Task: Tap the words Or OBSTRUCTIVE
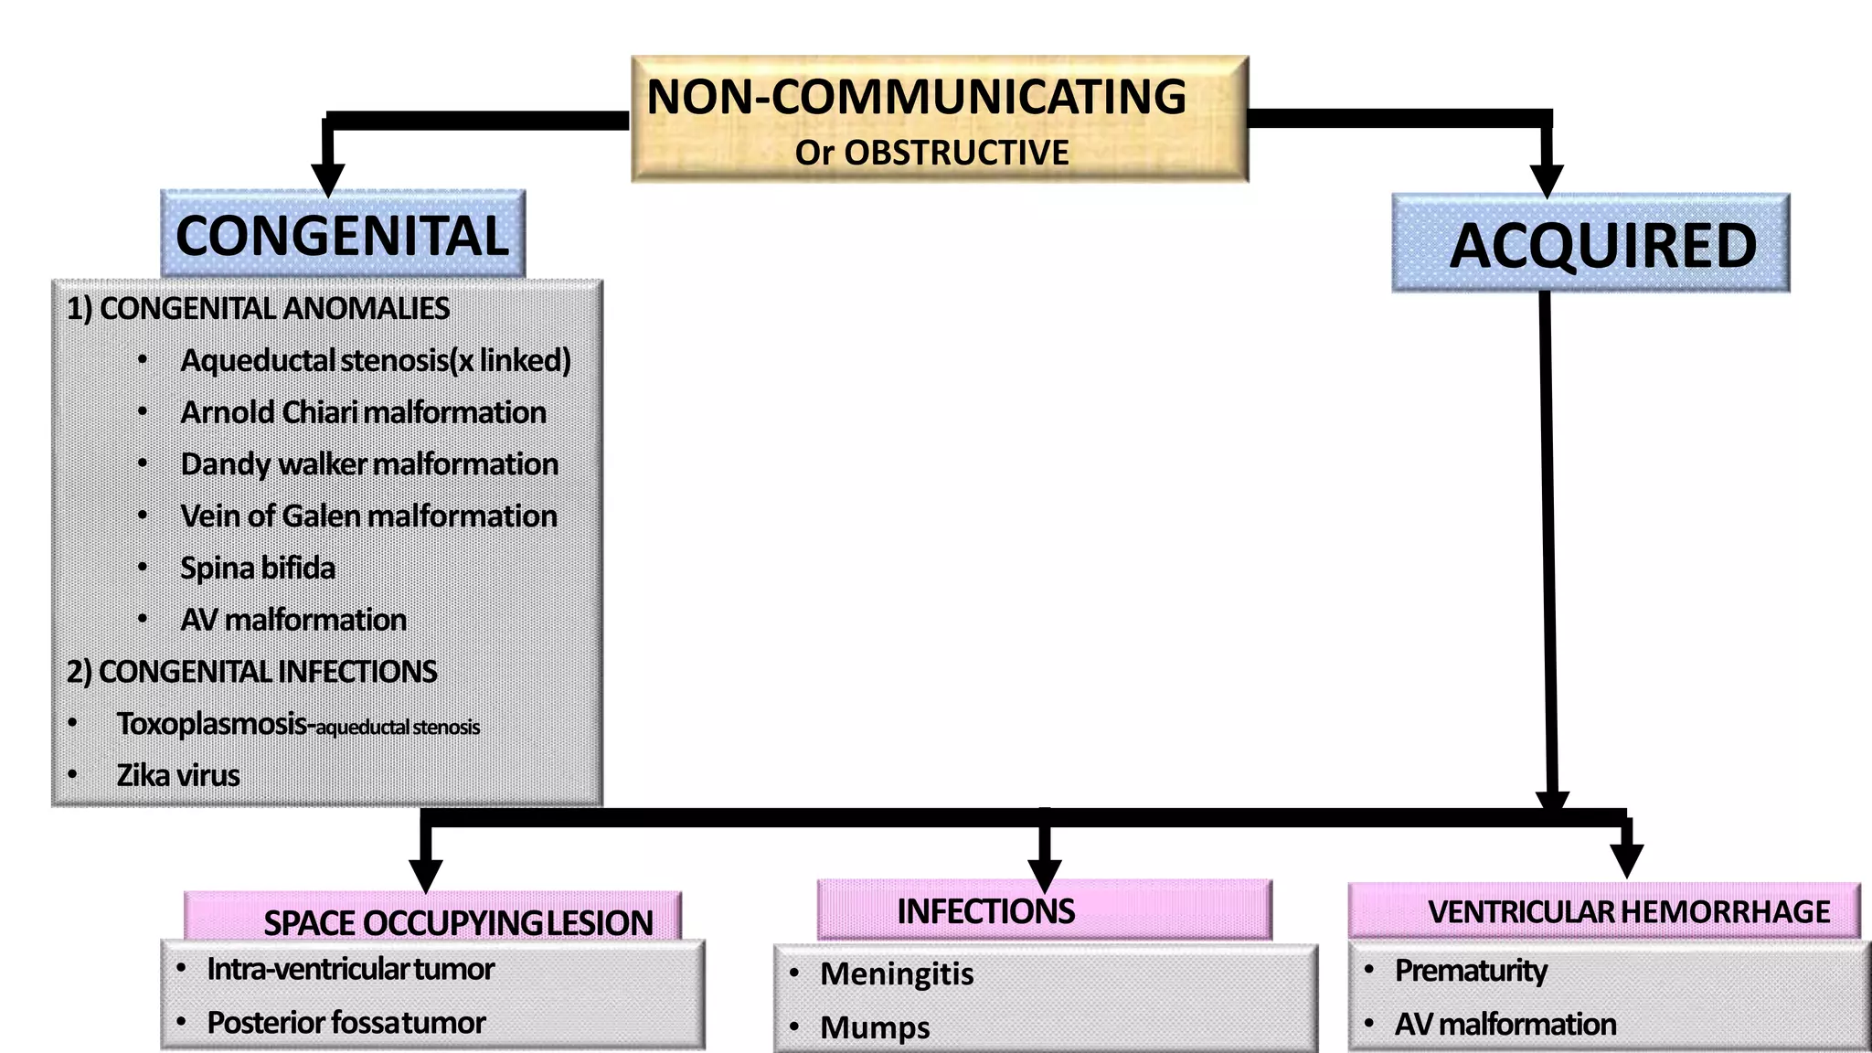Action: (931, 153)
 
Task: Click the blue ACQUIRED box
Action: (1590, 244)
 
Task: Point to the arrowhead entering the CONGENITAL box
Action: (327, 177)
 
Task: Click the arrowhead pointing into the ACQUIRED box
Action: (1546, 179)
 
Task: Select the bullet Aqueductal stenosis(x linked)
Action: (376, 360)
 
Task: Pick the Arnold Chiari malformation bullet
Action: (363, 412)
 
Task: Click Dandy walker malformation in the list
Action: (369, 464)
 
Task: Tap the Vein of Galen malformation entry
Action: (368, 516)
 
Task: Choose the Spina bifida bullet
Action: (258, 569)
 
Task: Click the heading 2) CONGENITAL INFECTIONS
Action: (251, 672)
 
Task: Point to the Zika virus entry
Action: (178, 776)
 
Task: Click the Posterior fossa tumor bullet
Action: (346, 1023)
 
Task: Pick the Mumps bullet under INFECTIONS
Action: (875, 1027)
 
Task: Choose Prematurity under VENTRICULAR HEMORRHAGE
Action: (1471, 970)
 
